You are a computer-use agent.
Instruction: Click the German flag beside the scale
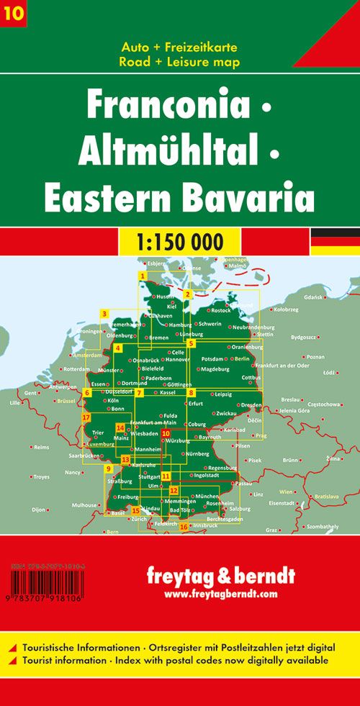point(335,241)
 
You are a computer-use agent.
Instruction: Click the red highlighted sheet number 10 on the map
point(166,433)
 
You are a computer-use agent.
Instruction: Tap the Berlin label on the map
point(241,358)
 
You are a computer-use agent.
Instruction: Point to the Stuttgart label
point(148,476)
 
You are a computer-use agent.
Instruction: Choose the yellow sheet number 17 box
point(86,417)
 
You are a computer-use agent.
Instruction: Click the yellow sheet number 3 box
point(105,313)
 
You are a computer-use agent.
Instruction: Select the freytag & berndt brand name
point(220,576)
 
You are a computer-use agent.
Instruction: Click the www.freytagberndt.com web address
point(220,594)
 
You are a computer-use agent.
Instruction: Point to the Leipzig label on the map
point(222,394)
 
